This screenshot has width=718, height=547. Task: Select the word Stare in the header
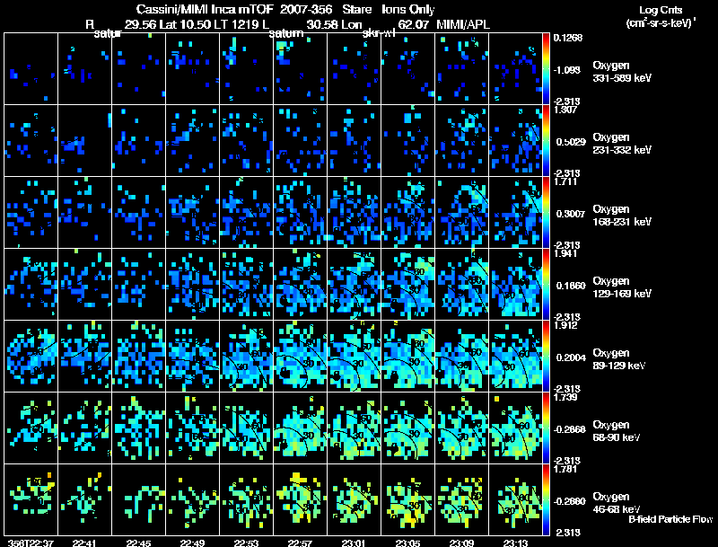click(x=357, y=8)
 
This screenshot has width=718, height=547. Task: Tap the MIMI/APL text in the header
click(x=465, y=24)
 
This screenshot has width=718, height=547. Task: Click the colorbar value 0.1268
click(x=569, y=38)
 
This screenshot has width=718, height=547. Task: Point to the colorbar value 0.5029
click(x=569, y=142)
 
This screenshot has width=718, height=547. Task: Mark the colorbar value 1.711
click(x=567, y=182)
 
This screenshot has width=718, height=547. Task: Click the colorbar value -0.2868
click(x=569, y=429)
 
